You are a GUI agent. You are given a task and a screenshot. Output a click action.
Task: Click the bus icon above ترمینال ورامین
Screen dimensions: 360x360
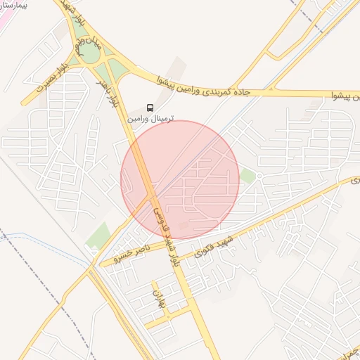(x=150, y=108)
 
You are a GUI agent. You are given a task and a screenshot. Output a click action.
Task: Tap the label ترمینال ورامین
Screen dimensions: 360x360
(x=150, y=120)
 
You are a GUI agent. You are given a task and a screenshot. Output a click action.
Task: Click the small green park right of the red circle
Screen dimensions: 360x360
(x=247, y=175)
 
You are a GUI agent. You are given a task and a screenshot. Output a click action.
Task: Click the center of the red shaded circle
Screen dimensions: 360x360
(x=180, y=180)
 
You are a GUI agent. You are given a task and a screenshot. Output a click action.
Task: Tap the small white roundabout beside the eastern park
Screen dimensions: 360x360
(x=259, y=176)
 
